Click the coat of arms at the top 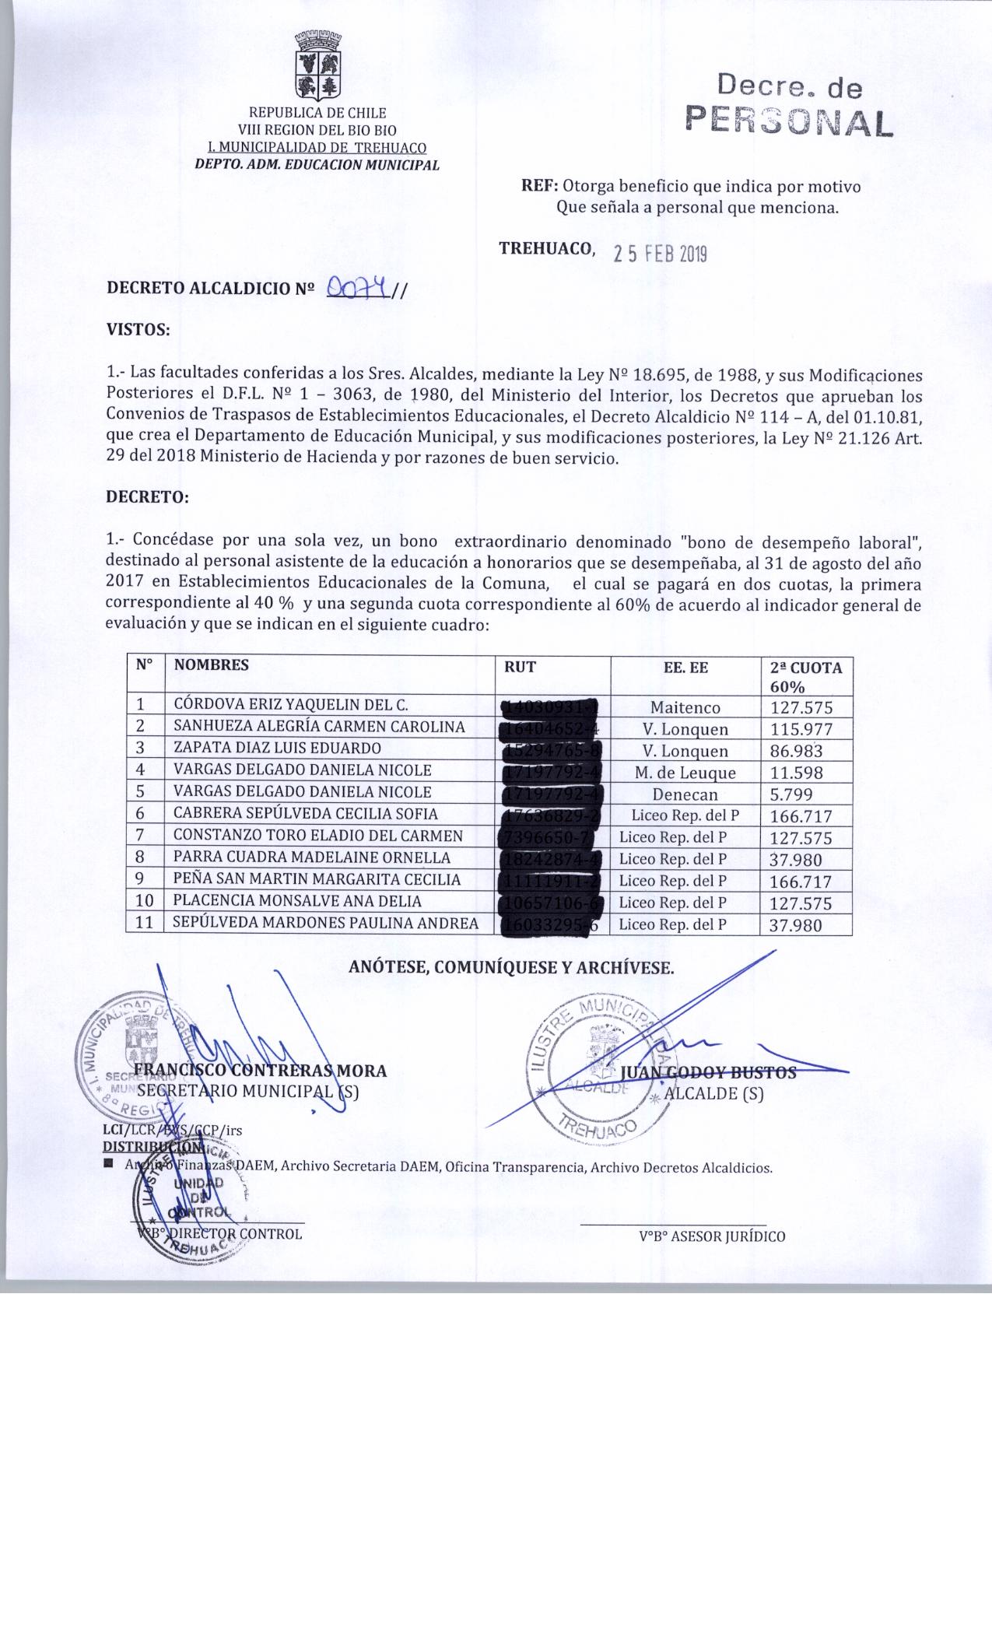[317, 65]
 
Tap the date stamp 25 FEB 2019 [660, 253]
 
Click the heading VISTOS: [138, 329]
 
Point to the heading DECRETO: [147, 498]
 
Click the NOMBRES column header [211, 665]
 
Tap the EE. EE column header [685, 667]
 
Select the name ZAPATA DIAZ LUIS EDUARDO [277, 749]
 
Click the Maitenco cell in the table [685, 708]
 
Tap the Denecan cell [685, 795]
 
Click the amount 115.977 [801, 730]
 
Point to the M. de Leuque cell [685, 773]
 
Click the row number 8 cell [141, 858]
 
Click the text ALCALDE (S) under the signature [713, 1094]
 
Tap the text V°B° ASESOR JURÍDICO [712, 1236]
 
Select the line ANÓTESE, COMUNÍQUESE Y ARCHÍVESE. [511, 969]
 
